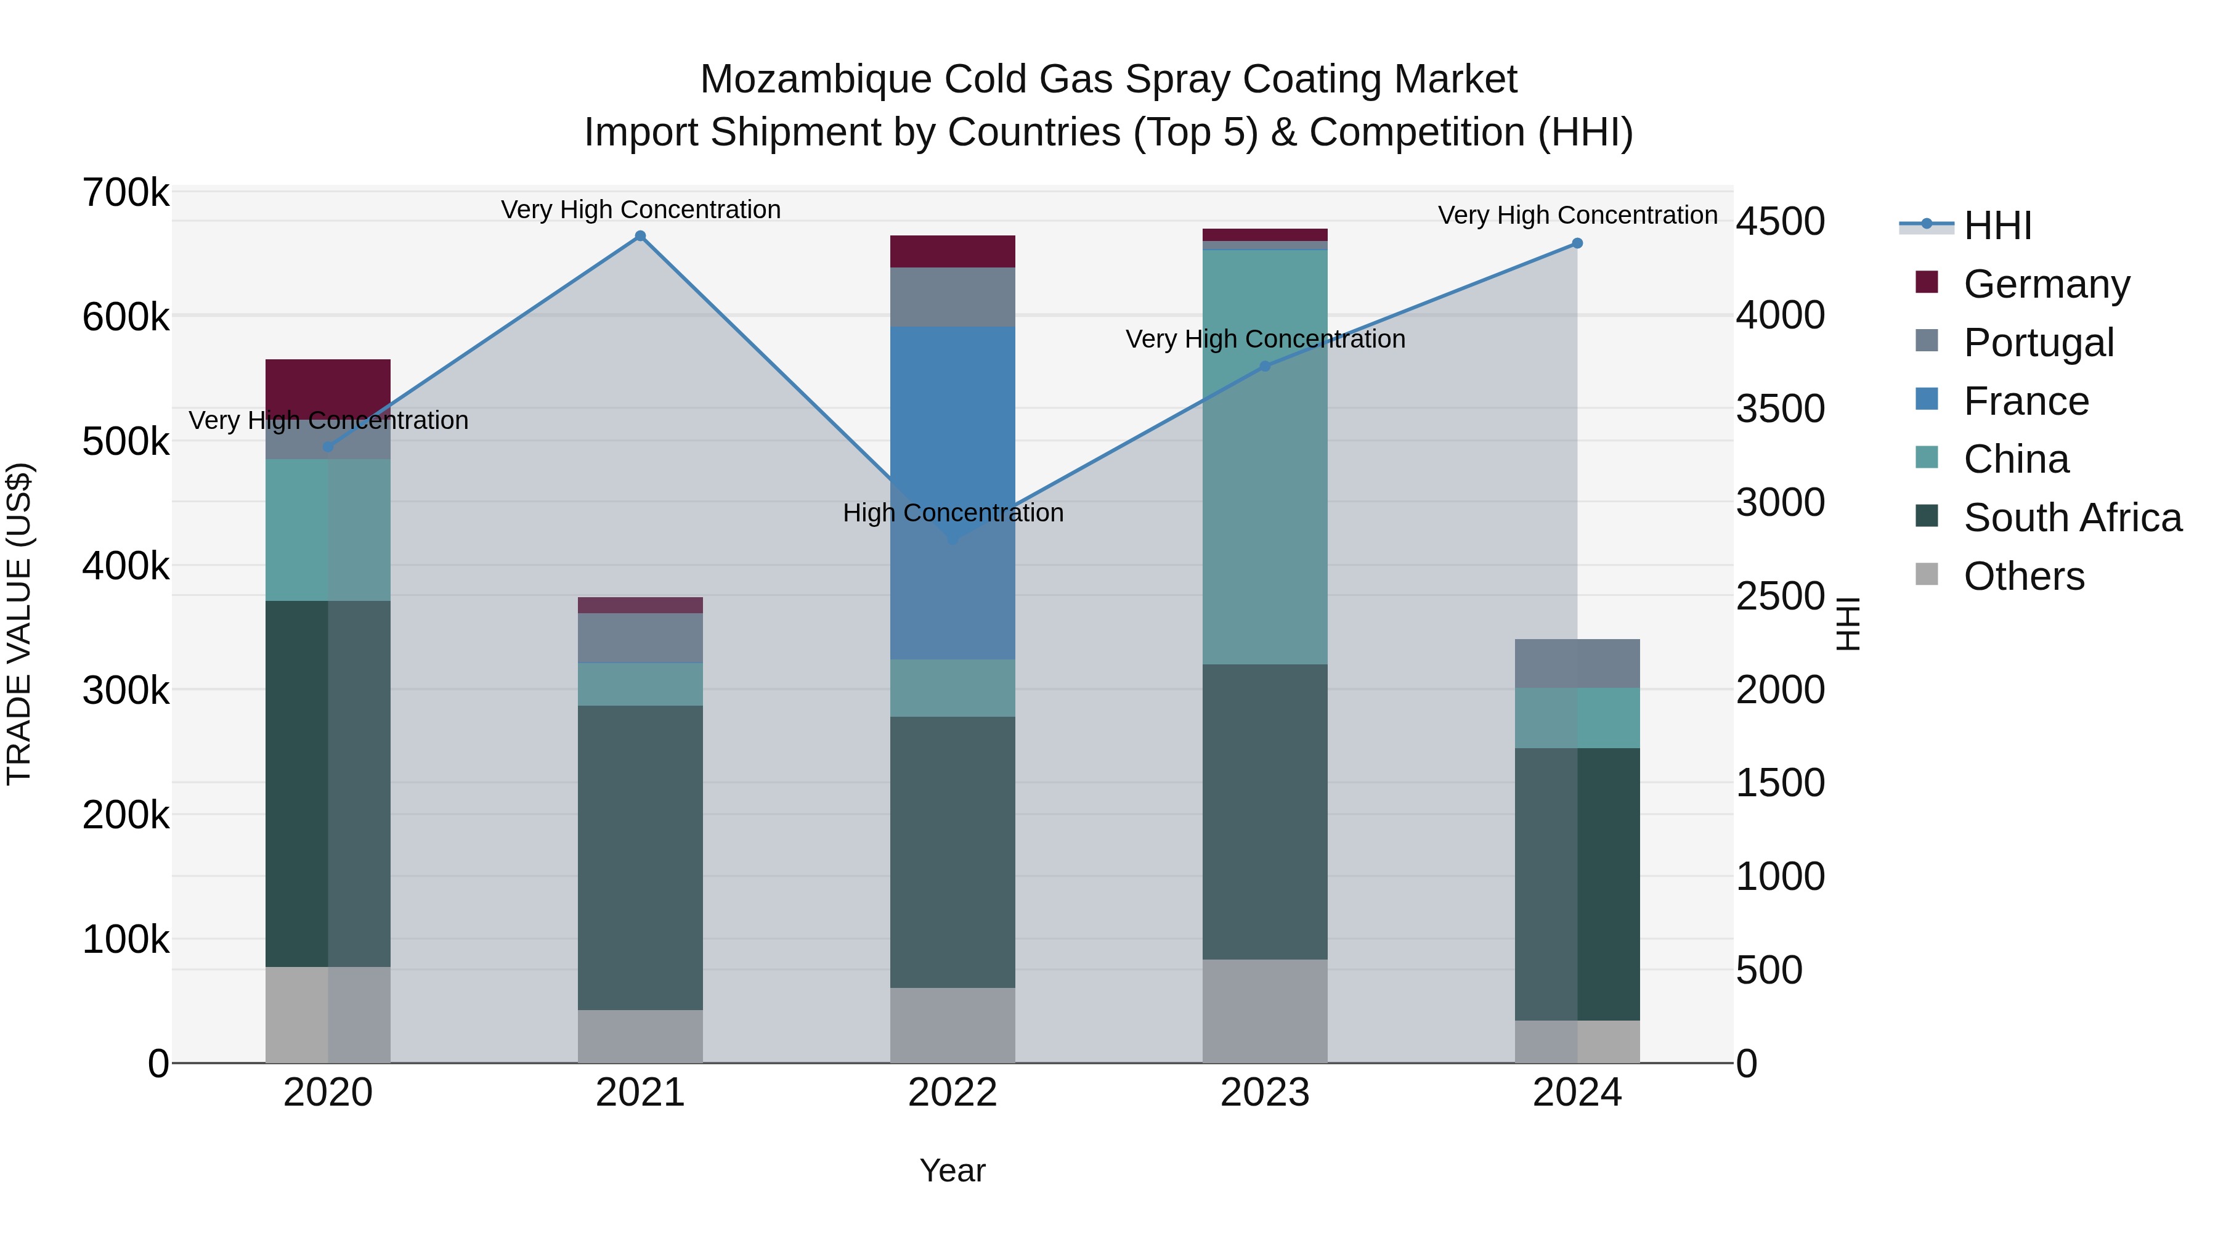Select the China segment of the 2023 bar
1265,457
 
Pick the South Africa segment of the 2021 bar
640,857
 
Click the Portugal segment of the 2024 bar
1577,663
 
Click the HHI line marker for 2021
640,236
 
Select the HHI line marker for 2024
1577,243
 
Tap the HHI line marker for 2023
1265,366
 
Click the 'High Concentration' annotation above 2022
953,513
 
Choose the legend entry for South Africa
2071,518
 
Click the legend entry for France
2025,401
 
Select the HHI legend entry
1997,226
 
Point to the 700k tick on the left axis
126,193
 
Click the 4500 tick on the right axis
1779,221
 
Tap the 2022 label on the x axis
953,1093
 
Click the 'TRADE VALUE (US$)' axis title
19,624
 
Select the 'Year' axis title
953,1170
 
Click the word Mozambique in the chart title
814,80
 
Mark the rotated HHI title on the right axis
1848,624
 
